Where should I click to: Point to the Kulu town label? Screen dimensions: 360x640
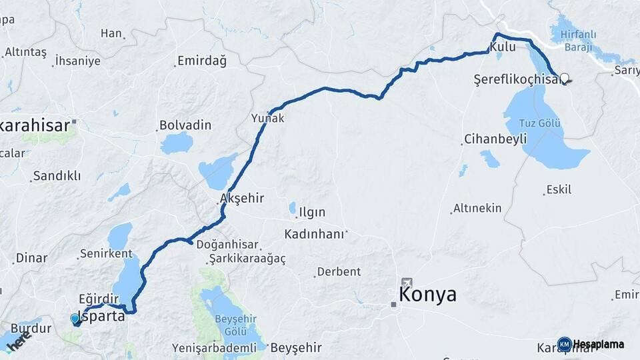pyautogui.click(x=502, y=47)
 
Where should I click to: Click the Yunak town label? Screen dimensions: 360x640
pyautogui.click(x=268, y=118)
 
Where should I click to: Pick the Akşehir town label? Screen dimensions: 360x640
pyautogui.click(x=242, y=199)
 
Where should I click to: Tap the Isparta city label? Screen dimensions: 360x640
pyautogui.click(x=102, y=316)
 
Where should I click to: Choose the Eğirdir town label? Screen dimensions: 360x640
pyautogui.click(x=98, y=299)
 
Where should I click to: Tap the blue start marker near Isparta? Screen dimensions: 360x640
pyautogui.click(x=75, y=319)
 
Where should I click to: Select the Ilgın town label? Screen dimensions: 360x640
pyautogui.click(x=312, y=213)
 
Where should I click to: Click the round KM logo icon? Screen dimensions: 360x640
pyautogui.click(x=564, y=344)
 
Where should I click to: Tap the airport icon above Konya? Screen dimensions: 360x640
pyautogui.click(x=407, y=283)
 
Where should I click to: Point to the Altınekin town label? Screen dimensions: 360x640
pyautogui.click(x=477, y=208)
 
